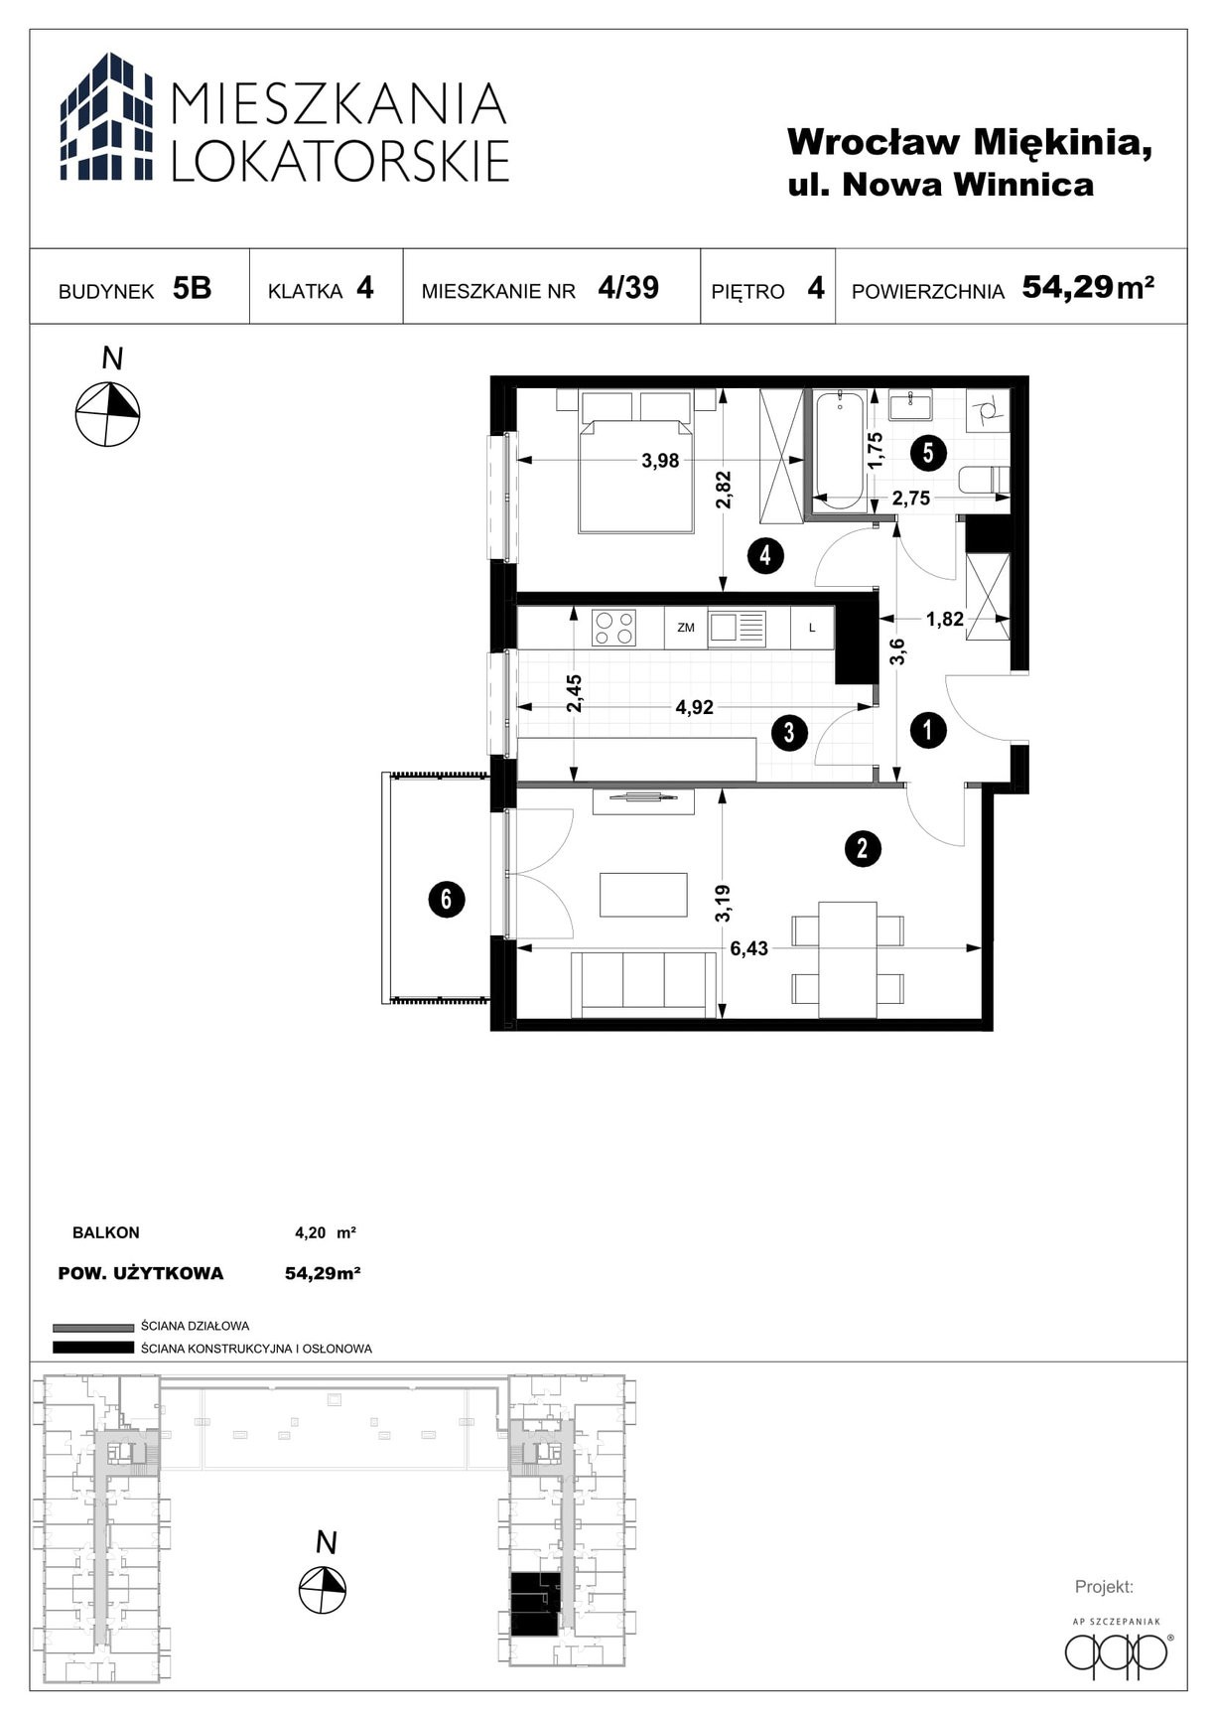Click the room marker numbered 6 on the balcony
tap(447, 900)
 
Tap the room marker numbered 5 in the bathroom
tap(928, 453)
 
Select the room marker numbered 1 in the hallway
tap(928, 732)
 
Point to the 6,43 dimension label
tap(749, 948)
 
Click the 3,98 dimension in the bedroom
tap(660, 461)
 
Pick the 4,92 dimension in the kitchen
tap(695, 708)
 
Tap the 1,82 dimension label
tap(944, 619)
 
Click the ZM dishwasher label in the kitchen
tap(685, 628)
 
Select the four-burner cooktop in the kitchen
tap(613, 628)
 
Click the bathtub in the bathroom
tap(840, 449)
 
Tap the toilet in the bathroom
tap(985, 481)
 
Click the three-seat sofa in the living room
tap(644, 984)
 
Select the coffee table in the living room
tap(644, 895)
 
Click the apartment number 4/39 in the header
tap(628, 287)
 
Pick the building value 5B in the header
tap(192, 288)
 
